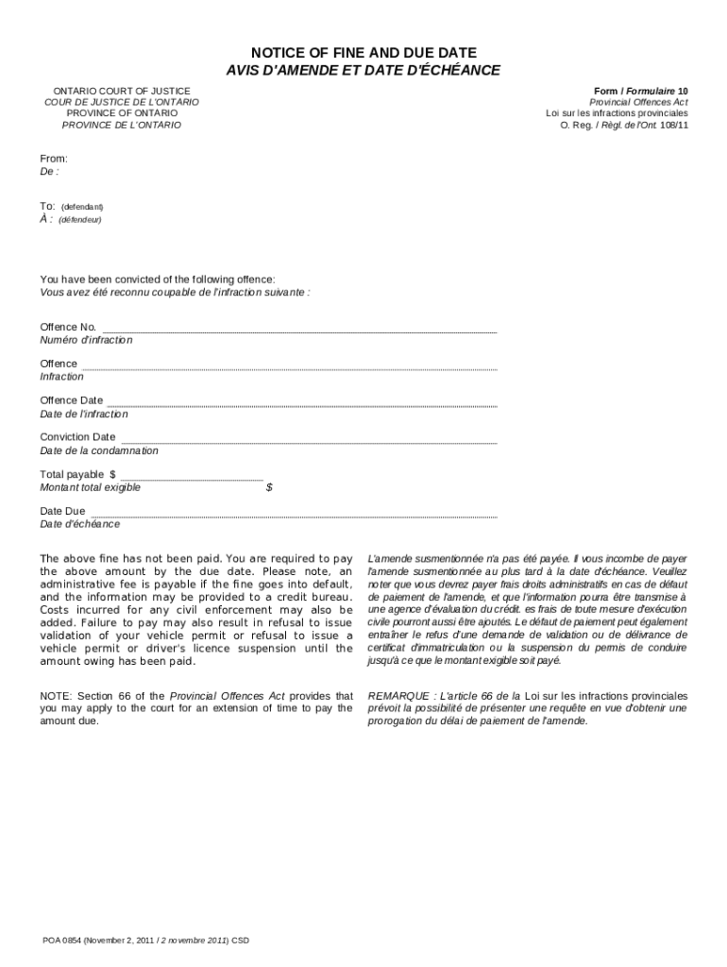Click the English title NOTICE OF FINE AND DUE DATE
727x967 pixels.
(363, 53)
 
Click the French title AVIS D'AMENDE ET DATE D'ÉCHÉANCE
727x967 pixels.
(363, 71)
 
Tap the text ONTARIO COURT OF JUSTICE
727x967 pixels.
(122, 90)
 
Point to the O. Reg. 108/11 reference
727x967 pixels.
(624, 125)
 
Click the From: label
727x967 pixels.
(53, 159)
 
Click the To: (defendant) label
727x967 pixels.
(72, 206)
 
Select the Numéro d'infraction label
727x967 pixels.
(86, 340)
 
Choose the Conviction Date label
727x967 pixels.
(77, 437)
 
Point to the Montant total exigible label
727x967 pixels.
(90, 487)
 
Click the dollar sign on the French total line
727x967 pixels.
(269, 487)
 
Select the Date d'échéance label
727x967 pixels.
(79, 524)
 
